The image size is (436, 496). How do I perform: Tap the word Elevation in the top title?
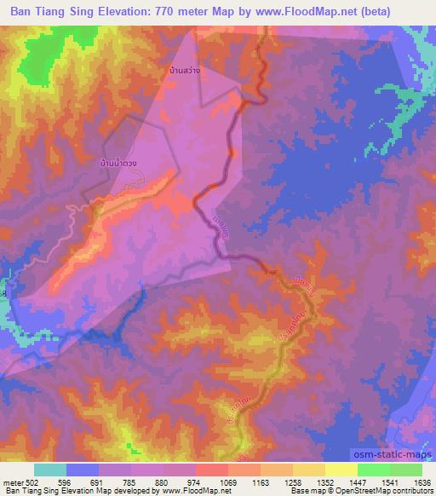[136, 12]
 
